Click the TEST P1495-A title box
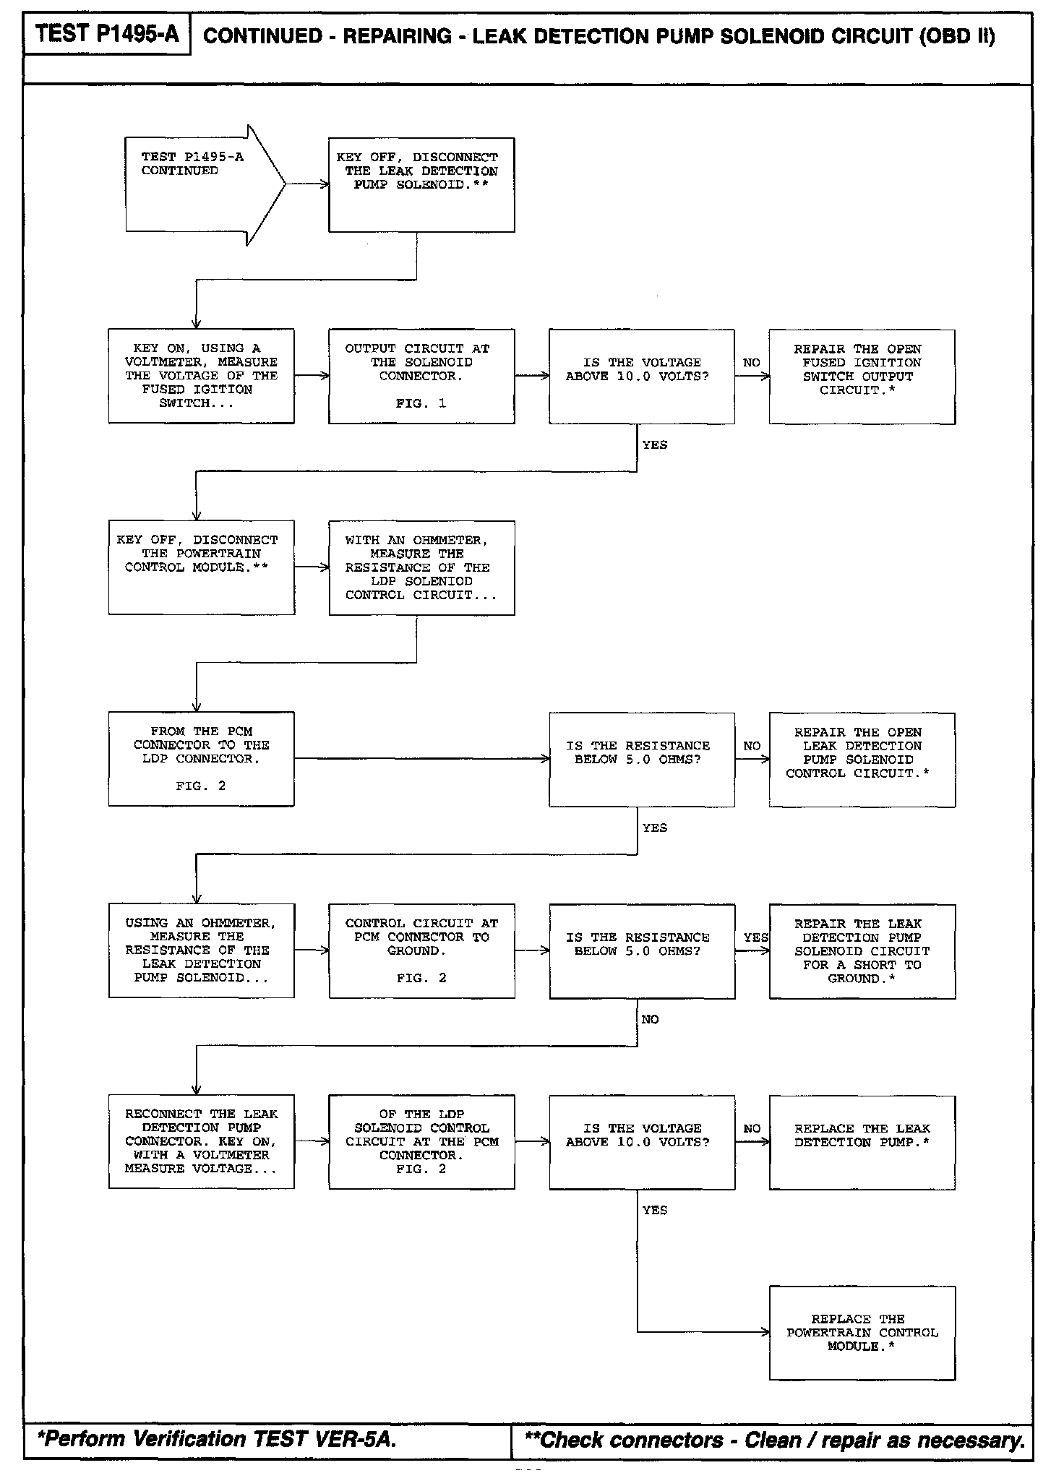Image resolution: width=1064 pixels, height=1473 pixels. [107, 34]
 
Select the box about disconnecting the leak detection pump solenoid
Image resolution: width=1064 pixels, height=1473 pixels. [421, 184]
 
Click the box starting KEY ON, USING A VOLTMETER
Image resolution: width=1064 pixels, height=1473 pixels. [201, 376]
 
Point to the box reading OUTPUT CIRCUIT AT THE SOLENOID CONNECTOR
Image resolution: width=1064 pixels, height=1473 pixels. [421, 376]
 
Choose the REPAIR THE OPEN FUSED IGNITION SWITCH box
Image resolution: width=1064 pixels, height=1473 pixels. [862, 376]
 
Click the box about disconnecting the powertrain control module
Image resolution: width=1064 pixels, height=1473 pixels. [201, 567]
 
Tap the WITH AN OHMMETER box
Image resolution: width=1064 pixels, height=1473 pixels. [421, 567]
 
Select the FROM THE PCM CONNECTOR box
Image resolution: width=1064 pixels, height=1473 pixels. [201, 759]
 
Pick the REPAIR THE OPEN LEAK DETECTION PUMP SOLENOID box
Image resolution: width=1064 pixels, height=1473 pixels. [862, 759]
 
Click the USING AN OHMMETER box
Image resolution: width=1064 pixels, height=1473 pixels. [201, 950]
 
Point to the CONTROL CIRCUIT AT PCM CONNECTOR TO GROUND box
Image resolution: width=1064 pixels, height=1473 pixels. [421, 950]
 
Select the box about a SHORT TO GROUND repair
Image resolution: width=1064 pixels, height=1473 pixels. [862, 950]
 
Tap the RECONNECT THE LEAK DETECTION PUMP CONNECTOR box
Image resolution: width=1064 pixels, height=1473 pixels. [201, 1142]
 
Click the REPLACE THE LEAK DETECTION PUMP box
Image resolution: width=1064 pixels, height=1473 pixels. [862, 1142]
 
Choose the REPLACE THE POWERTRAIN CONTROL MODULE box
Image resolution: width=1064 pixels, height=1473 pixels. [862, 1333]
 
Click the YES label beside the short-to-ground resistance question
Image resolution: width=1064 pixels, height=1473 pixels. [755, 937]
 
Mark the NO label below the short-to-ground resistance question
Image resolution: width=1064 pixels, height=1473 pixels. [650, 1019]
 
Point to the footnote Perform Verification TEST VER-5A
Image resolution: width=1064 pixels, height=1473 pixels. [217, 1438]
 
